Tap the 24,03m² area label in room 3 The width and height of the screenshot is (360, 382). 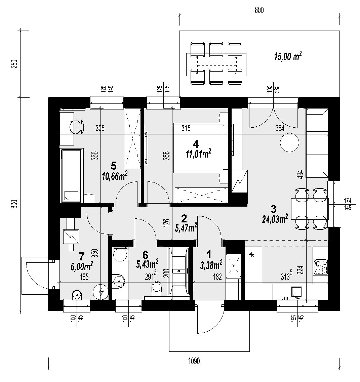[275, 219]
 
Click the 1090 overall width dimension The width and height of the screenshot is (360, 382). [194, 362]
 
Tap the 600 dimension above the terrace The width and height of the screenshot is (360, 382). [259, 10]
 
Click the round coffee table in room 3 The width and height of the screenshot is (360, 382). [289, 143]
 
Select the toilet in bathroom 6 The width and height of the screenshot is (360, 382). [157, 287]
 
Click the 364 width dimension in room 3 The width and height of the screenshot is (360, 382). [279, 128]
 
